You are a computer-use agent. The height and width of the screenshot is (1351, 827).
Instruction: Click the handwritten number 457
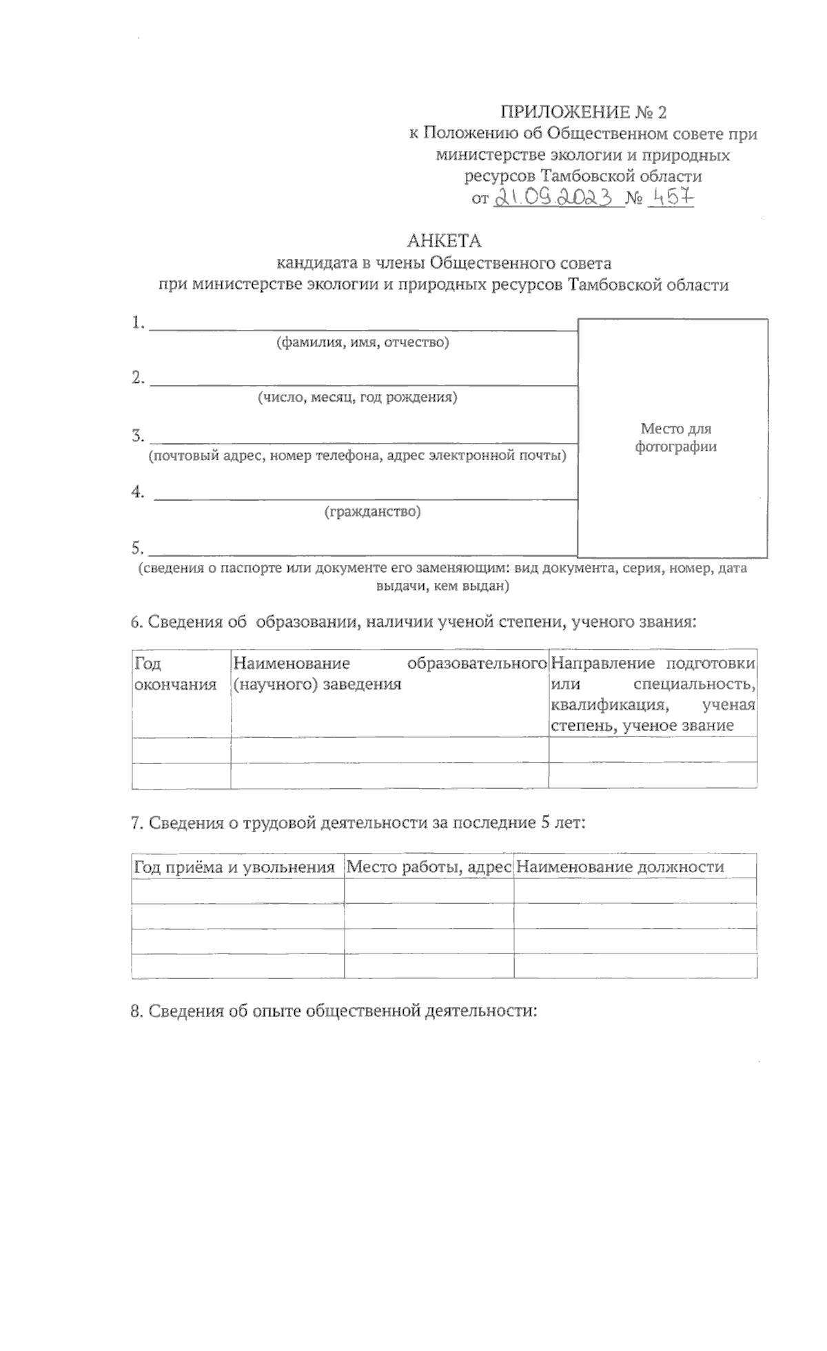click(671, 198)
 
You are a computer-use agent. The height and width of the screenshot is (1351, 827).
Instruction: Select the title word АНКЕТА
click(444, 241)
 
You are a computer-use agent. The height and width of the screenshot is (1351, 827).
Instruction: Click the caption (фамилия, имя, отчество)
click(363, 342)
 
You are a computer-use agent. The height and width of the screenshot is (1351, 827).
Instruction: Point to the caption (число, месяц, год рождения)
click(357, 398)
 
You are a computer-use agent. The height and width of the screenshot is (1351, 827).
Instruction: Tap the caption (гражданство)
click(372, 512)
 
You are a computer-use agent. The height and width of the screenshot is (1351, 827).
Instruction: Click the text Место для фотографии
click(675, 437)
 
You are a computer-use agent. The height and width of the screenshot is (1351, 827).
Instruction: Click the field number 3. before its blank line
click(138, 435)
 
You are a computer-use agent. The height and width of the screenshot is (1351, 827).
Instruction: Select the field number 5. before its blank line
click(138, 548)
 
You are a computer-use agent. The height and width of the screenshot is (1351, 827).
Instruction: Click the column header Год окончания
click(175, 674)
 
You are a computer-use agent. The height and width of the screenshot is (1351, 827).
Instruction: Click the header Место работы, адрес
click(428, 867)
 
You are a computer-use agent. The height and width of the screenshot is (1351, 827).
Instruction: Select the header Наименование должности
click(619, 867)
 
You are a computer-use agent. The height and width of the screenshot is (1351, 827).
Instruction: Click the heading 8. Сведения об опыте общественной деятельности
click(334, 1011)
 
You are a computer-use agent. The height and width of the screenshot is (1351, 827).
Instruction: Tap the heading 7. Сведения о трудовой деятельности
click(358, 823)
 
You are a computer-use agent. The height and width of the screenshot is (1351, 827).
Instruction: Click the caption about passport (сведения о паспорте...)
click(442, 577)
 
